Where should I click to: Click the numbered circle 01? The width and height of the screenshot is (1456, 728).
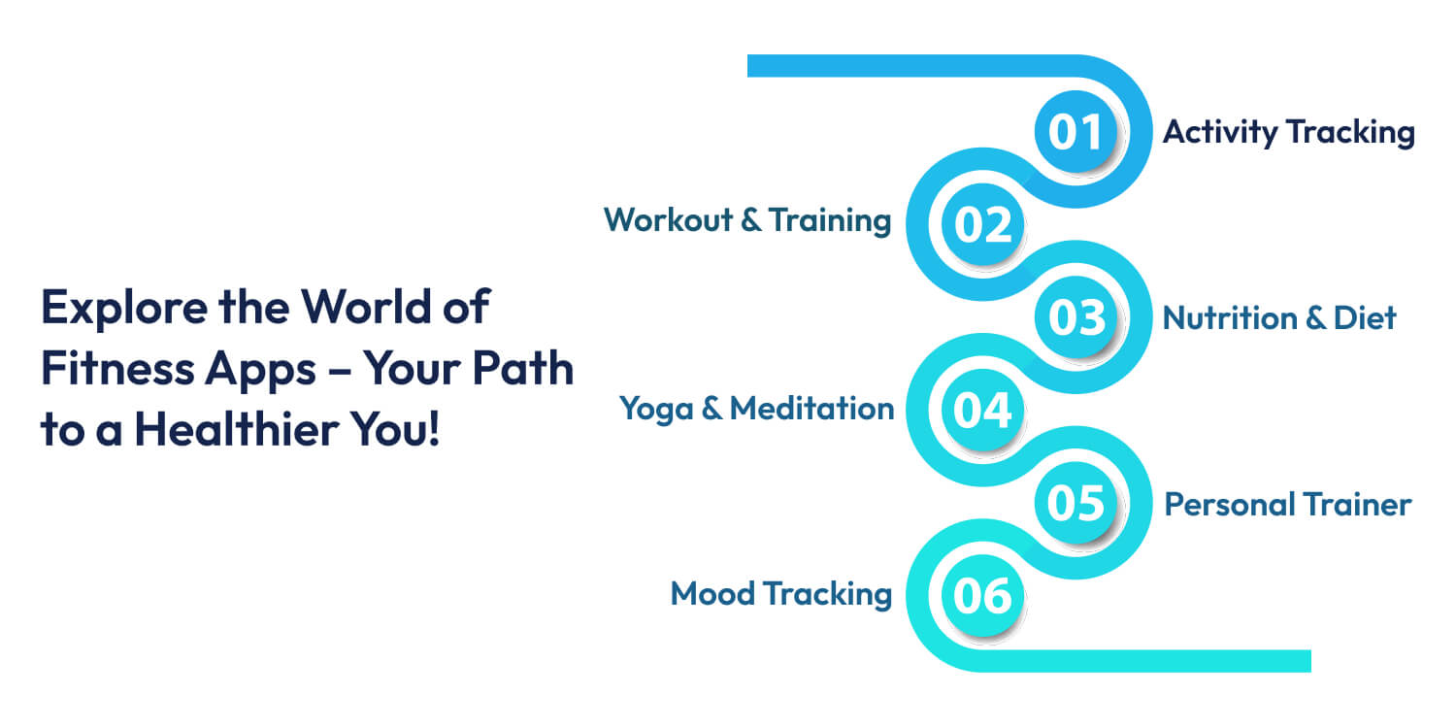tap(1075, 132)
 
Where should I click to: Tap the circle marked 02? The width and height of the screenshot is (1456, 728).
tap(983, 224)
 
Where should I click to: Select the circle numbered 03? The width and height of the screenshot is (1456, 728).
tap(1075, 317)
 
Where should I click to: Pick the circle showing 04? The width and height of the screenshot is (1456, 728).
tap(983, 411)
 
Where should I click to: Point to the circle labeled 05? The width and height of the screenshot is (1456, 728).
tap(1075, 503)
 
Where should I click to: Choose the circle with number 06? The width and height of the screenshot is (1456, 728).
tap(983, 596)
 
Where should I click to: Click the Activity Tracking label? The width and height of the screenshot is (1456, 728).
tap(1288, 132)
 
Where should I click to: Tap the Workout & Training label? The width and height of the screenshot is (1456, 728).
tap(746, 220)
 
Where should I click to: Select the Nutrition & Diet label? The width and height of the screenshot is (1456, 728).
tap(1279, 317)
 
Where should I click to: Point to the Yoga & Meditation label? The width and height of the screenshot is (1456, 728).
tap(756, 409)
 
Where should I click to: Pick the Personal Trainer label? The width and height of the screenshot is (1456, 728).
tap(1287, 504)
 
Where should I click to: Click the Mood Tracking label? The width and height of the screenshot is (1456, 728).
tap(780, 593)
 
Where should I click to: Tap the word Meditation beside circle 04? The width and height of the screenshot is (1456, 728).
tap(811, 409)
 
